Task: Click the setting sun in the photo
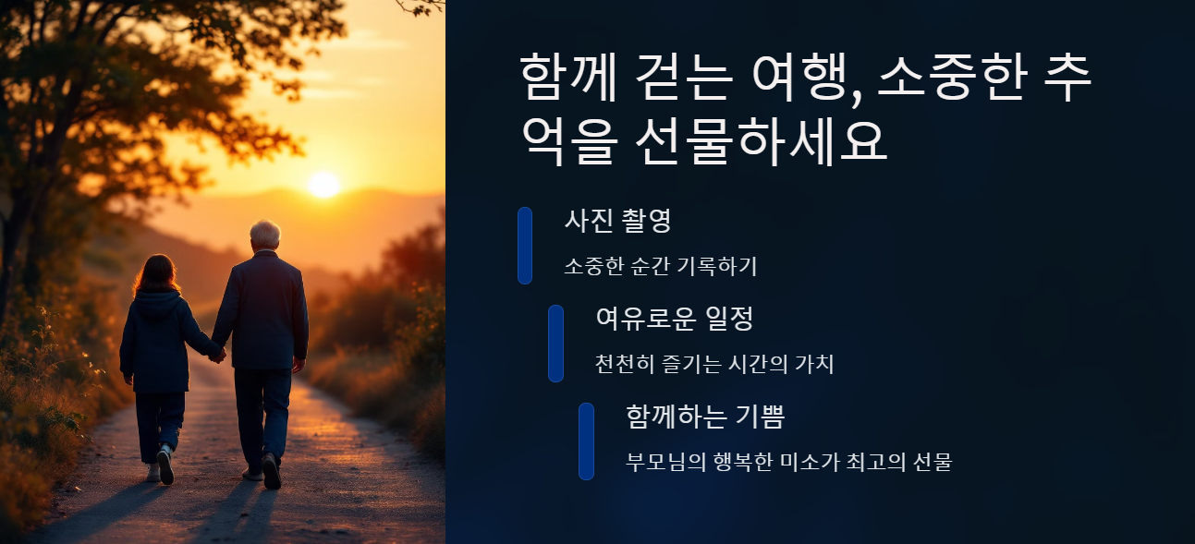[323, 184]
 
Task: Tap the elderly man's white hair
[265, 233]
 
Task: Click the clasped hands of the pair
[217, 354]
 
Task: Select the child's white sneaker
[165, 465]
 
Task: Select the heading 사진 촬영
[617, 221]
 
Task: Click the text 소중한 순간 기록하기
[660, 266]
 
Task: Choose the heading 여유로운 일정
[675, 319]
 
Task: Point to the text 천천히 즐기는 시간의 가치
[714, 364]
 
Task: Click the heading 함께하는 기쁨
[704, 417]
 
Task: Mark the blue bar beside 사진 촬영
[524, 245]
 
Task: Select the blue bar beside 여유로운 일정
[555, 343]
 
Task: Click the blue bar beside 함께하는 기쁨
[586, 441]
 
